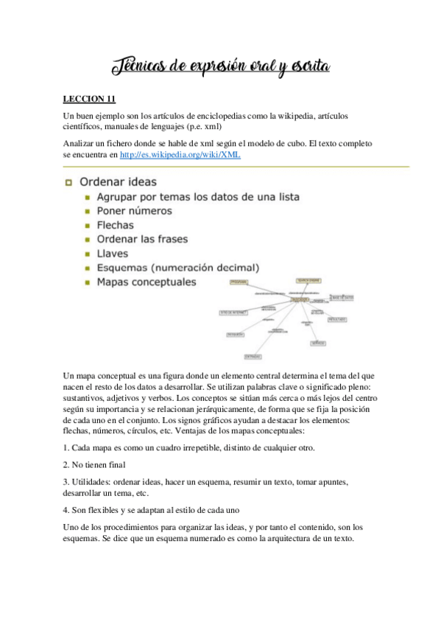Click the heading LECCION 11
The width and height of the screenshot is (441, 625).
tap(89, 98)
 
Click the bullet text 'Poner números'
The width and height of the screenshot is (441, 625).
tap(133, 212)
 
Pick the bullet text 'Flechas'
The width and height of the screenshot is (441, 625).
tap(116, 226)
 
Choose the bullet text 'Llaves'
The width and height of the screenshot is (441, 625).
tap(113, 254)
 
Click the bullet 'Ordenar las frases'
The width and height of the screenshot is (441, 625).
tap(143, 240)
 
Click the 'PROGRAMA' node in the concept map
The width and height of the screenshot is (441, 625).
tap(239, 282)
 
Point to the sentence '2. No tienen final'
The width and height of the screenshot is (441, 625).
tap(94, 465)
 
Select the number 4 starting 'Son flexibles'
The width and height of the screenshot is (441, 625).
tap(66, 509)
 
